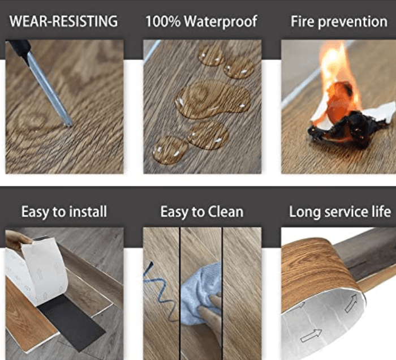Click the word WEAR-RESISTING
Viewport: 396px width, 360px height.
tap(63, 21)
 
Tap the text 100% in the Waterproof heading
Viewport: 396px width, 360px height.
tap(163, 21)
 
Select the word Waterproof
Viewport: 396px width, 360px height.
tap(221, 22)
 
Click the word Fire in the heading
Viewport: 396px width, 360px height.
tap(302, 21)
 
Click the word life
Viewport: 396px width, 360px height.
tap(381, 212)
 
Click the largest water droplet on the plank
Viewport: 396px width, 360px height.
tap(213, 99)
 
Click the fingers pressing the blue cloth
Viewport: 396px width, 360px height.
tap(211, 308)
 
